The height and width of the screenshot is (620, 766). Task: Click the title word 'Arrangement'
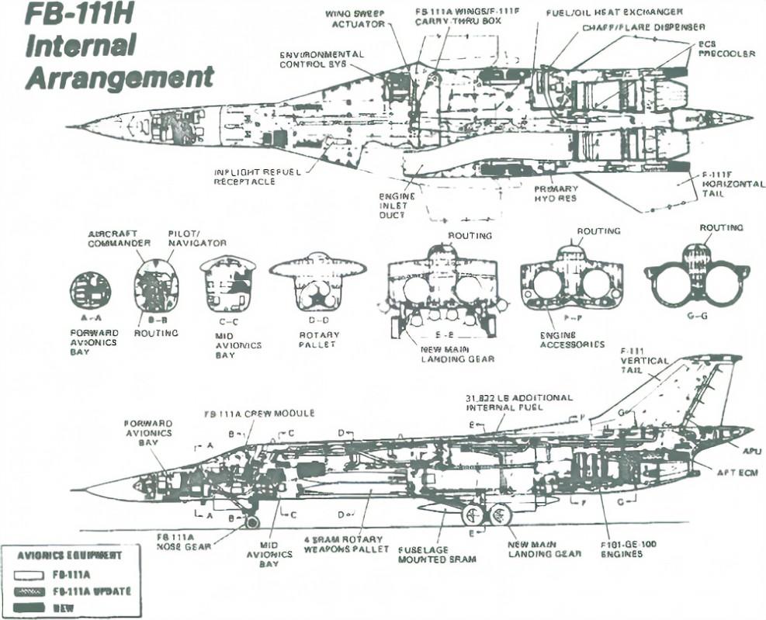119,77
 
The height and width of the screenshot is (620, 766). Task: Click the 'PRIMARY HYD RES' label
556,193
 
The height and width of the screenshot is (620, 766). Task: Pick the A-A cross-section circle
90,291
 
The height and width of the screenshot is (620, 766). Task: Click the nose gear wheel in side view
251,521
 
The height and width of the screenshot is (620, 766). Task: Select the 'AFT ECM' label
736,472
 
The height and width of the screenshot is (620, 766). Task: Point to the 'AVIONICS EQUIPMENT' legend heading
69,556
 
